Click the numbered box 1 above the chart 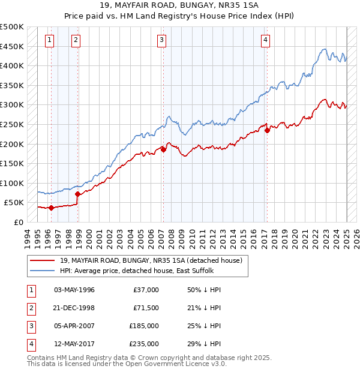pyautogui.click(x=49, y=41)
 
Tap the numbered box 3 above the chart pyautogui.click(x=162, y=41)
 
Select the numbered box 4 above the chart pyautogui.click(x=265, y=41)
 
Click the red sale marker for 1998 pyautogui.click(x=77, y=194)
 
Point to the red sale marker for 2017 pyautogui.click(x=267, y=131)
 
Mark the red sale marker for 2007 pyautogui.click(x=163, y=150)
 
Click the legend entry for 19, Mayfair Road pyautogui.click(x=151, y=260)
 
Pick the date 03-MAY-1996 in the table pyautogui.click(x=74, y=290)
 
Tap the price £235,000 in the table pyautogui.click(x=143, y=344)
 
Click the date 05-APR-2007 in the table pyautogui.click(x=74, y=326)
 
